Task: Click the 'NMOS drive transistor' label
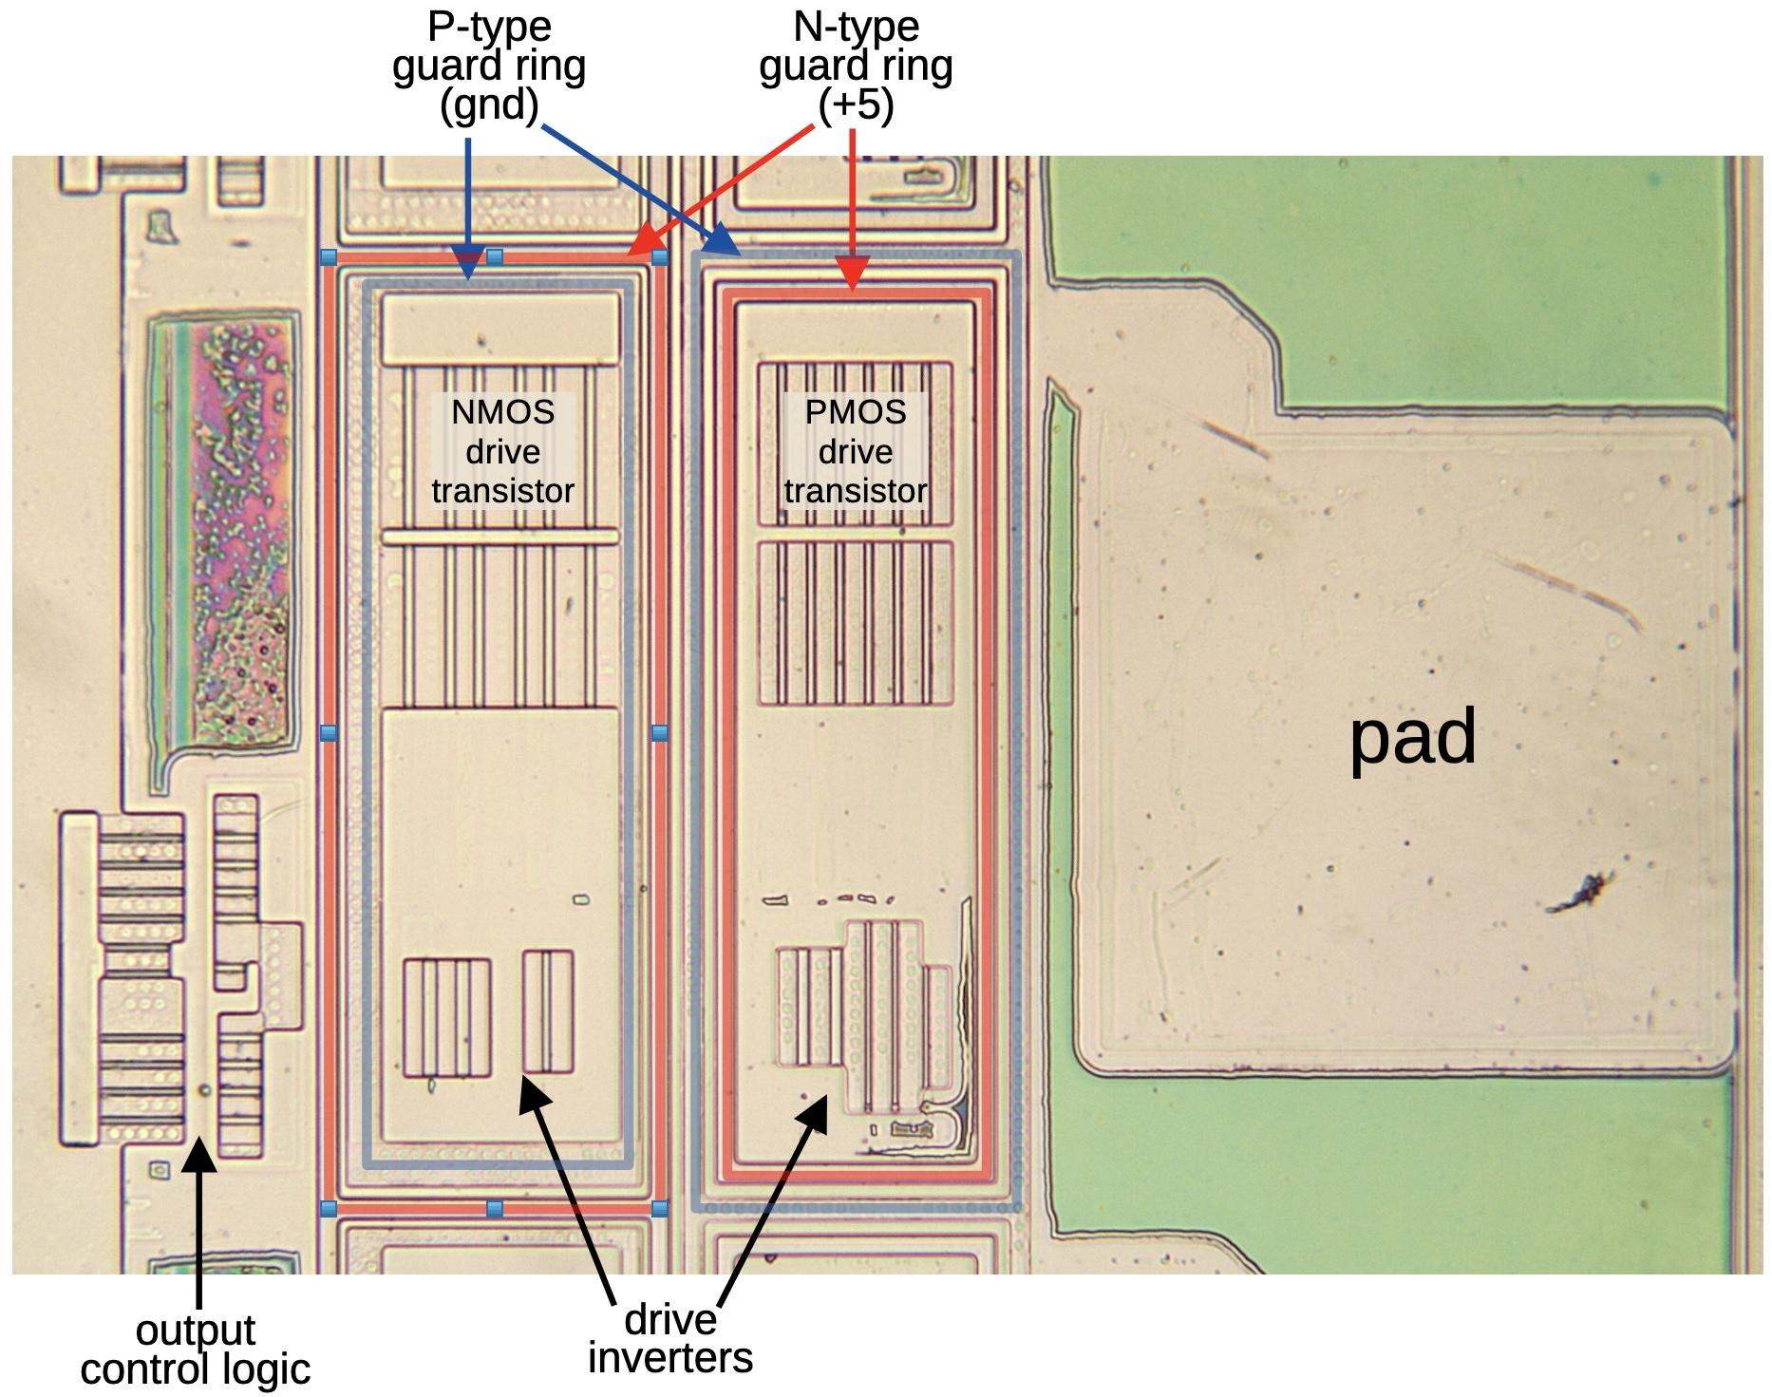503,452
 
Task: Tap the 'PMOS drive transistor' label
855,452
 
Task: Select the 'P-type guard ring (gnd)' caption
489,66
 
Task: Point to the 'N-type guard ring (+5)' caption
856,66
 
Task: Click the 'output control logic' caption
196,1350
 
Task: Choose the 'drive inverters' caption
670,1339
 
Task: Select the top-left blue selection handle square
329,256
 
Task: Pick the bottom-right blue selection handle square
660,1209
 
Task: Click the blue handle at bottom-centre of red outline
495,1209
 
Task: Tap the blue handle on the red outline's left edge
329,732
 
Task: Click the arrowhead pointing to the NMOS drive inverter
535,1094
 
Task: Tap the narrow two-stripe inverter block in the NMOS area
548,1011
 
